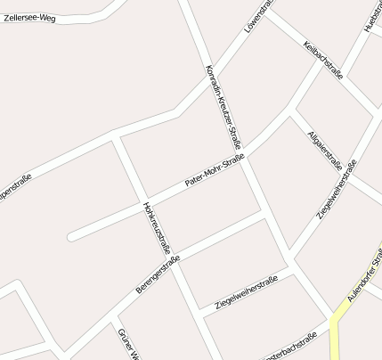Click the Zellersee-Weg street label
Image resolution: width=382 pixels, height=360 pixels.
click(x=29, y=17)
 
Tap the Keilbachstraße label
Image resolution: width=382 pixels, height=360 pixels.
click(x=322, y=59)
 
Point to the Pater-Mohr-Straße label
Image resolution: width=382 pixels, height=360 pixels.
click(x=214, y=170)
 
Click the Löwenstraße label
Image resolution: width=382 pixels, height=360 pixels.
click(x=258, y=17)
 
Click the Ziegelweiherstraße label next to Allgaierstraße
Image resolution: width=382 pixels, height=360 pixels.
click(x=337, y=190)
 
